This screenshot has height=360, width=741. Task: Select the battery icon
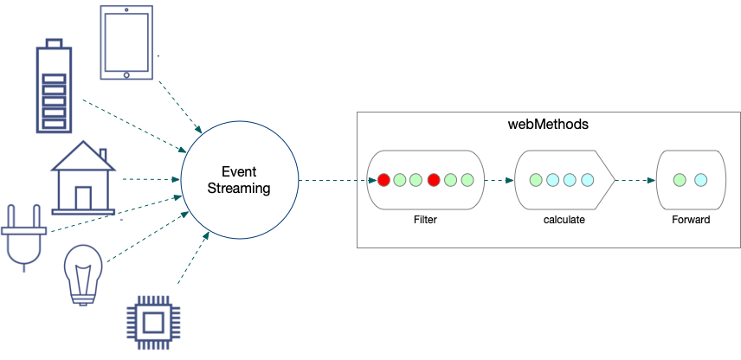tap(54, 87)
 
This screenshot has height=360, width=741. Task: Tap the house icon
tap(84, 180)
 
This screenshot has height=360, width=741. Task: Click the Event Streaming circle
tap(239, 181)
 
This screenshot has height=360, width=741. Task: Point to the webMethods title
tap(548, 125)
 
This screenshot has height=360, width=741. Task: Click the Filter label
tap(424, 220)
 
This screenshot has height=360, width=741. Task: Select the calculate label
tap(564, 220)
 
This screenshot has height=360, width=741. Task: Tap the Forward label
tap(690, 220)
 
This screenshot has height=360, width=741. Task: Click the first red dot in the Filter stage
tap(383, 181)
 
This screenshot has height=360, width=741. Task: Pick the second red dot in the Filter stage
tap(434, 181)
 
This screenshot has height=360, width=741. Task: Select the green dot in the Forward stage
tap(680, 181)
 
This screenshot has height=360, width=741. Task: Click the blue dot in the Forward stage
tap(700, 181)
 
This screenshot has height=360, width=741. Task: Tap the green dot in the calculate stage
tap(536, 181)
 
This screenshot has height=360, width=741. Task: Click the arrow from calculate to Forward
tap(635, 181)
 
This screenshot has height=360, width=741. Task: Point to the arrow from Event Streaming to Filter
tap(332, 181)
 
